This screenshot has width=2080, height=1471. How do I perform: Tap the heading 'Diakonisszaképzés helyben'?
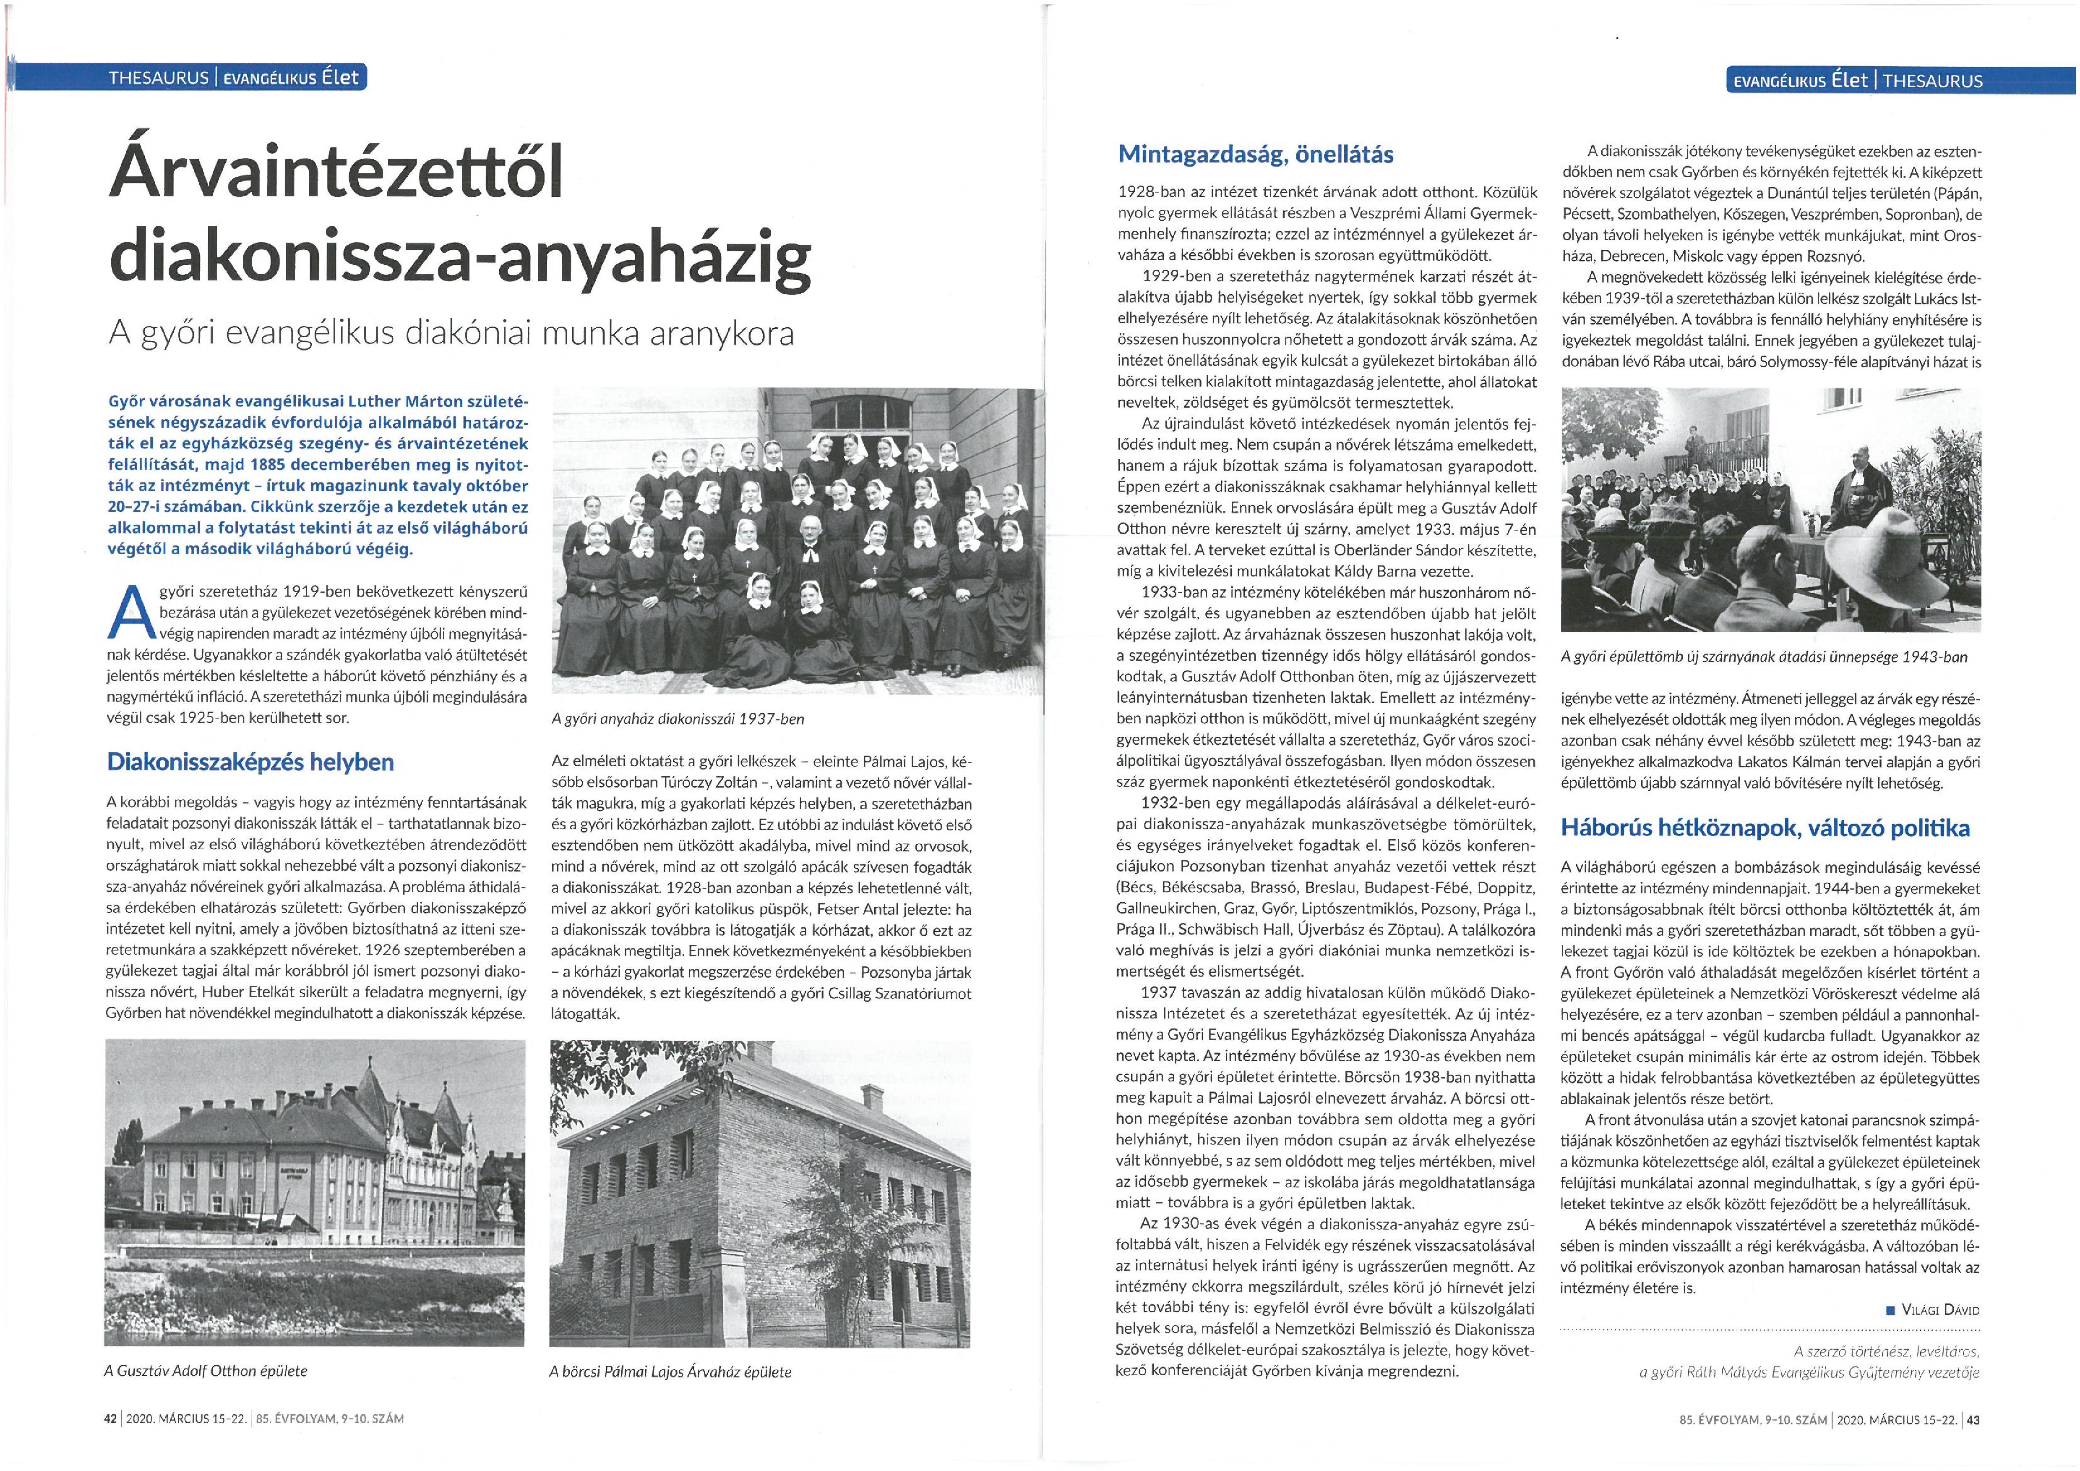point(250,762)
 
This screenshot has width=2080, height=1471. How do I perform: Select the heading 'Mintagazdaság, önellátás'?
point(1256,154)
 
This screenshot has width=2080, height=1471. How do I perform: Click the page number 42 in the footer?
point(112,1419)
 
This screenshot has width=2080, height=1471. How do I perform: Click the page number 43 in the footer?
point(1972,1420)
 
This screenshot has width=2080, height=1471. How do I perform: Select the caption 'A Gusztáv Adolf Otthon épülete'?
point(206,1370)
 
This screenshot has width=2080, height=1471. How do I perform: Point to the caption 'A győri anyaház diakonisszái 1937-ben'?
point(678,719)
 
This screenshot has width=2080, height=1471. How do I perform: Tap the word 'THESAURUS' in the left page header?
point(159,78)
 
